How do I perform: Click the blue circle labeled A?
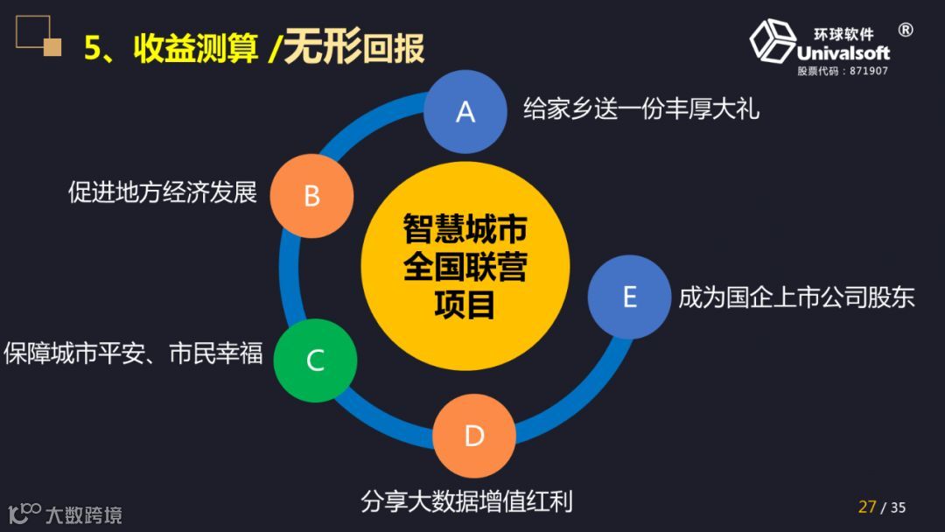[465, 111]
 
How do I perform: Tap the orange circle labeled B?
[311, 195]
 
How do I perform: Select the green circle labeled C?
[315, 360]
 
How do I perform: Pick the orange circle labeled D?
[473, 435]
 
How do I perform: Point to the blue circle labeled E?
[628, 297]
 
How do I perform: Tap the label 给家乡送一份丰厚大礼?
[640, 108]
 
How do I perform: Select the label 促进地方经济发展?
[163, 192]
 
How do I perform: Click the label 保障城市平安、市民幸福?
[133, 353]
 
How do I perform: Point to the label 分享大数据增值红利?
[466, 501]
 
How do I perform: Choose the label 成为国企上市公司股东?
[796, 297]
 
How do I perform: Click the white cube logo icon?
[770, 41]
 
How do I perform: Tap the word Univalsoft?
[843, 52]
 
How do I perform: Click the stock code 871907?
[868, 71]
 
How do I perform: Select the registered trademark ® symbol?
[906, 30]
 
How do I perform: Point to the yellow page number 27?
[867, 507]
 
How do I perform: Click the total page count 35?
[898, 507]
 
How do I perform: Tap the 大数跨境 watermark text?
[84, 514]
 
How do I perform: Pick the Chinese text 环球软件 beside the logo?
[843, 34]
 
